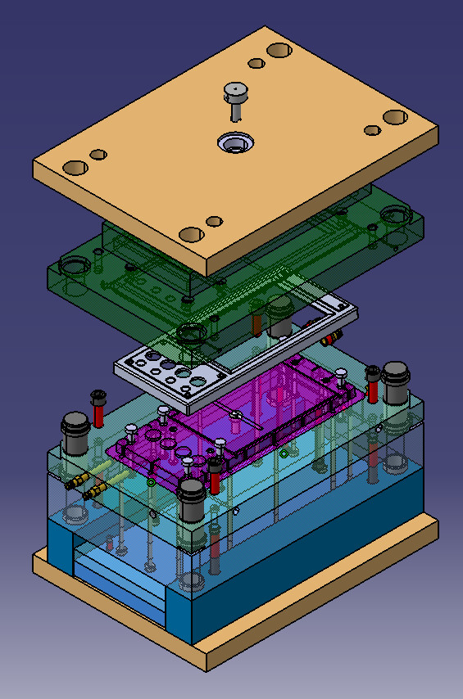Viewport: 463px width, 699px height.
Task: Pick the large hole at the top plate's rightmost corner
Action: pos(395,117)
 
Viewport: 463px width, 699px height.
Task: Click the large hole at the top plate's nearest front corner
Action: pos(191,234)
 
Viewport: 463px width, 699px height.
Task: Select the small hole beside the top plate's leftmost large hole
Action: pos(98,154)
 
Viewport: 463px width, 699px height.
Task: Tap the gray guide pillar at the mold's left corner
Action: pos(76,432)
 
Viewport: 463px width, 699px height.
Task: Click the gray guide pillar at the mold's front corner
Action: pos(192,499)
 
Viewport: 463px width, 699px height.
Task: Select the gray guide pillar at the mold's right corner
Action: pos(395,383)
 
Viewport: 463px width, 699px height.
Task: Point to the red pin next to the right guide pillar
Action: pos(374,386)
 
